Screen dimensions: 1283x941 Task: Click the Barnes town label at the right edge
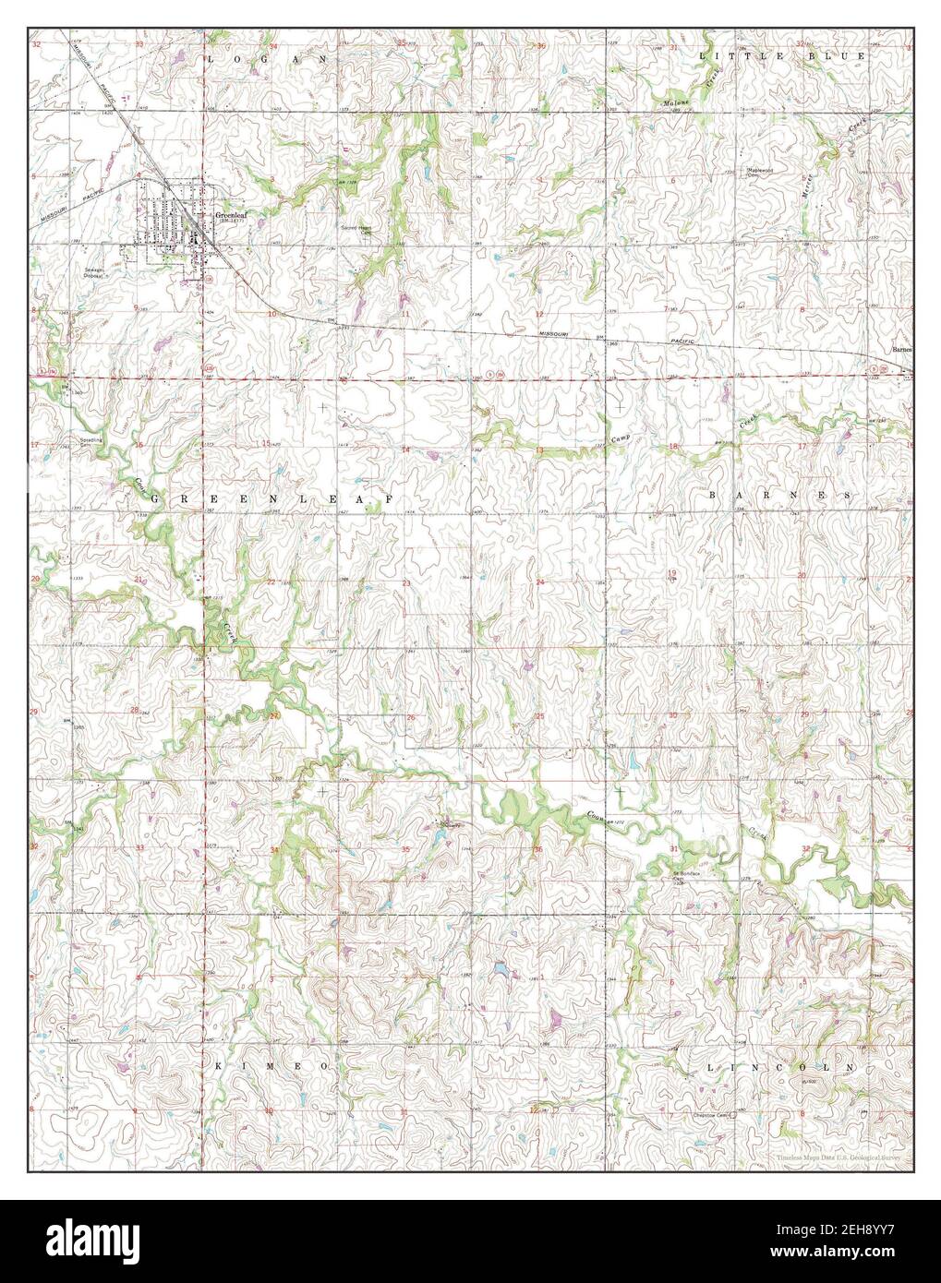901,350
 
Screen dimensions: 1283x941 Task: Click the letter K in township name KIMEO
219,1065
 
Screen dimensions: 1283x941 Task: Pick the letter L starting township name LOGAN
211,58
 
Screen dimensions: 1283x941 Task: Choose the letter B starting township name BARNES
714,496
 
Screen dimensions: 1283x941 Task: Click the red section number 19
672,573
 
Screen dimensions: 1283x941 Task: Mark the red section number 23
406,583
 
